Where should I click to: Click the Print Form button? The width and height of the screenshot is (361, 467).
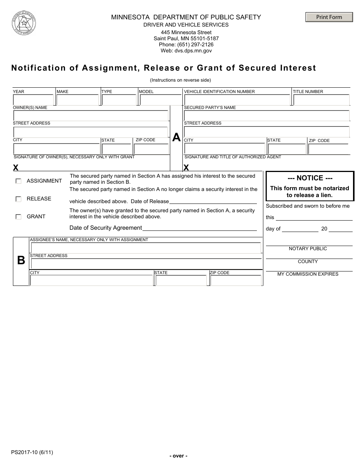[x=329, y=17]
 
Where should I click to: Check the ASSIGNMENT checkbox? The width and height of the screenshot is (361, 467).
[x=18, y=181]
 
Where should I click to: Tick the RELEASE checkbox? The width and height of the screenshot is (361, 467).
[x=18, y=199]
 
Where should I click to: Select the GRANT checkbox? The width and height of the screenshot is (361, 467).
[x=18, y=217]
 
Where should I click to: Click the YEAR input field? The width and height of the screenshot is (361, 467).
[x=33, y=100]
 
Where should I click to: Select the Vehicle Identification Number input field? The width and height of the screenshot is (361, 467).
[x=237, y=100]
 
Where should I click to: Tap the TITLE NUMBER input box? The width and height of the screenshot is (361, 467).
[x=321, y=100]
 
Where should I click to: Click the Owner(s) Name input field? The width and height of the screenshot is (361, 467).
[x=90, y=115]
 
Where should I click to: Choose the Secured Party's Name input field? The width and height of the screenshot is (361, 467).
[x=266, y=115]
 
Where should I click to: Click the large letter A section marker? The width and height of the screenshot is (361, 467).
[x=176, y=137]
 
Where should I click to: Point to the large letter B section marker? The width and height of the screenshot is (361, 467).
[x=21, y=260]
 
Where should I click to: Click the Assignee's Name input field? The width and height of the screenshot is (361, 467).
[x=146, y=248]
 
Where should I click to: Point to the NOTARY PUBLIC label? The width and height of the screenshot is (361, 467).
[x=308, y=249]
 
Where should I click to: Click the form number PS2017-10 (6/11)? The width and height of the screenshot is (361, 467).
[x=32, y=452]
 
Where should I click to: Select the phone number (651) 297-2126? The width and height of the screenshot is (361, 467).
[x=186, y=44]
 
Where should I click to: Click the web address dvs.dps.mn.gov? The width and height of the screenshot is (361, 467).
[x=186, y=50]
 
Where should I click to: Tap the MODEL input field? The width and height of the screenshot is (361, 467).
[x=160, y=100]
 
